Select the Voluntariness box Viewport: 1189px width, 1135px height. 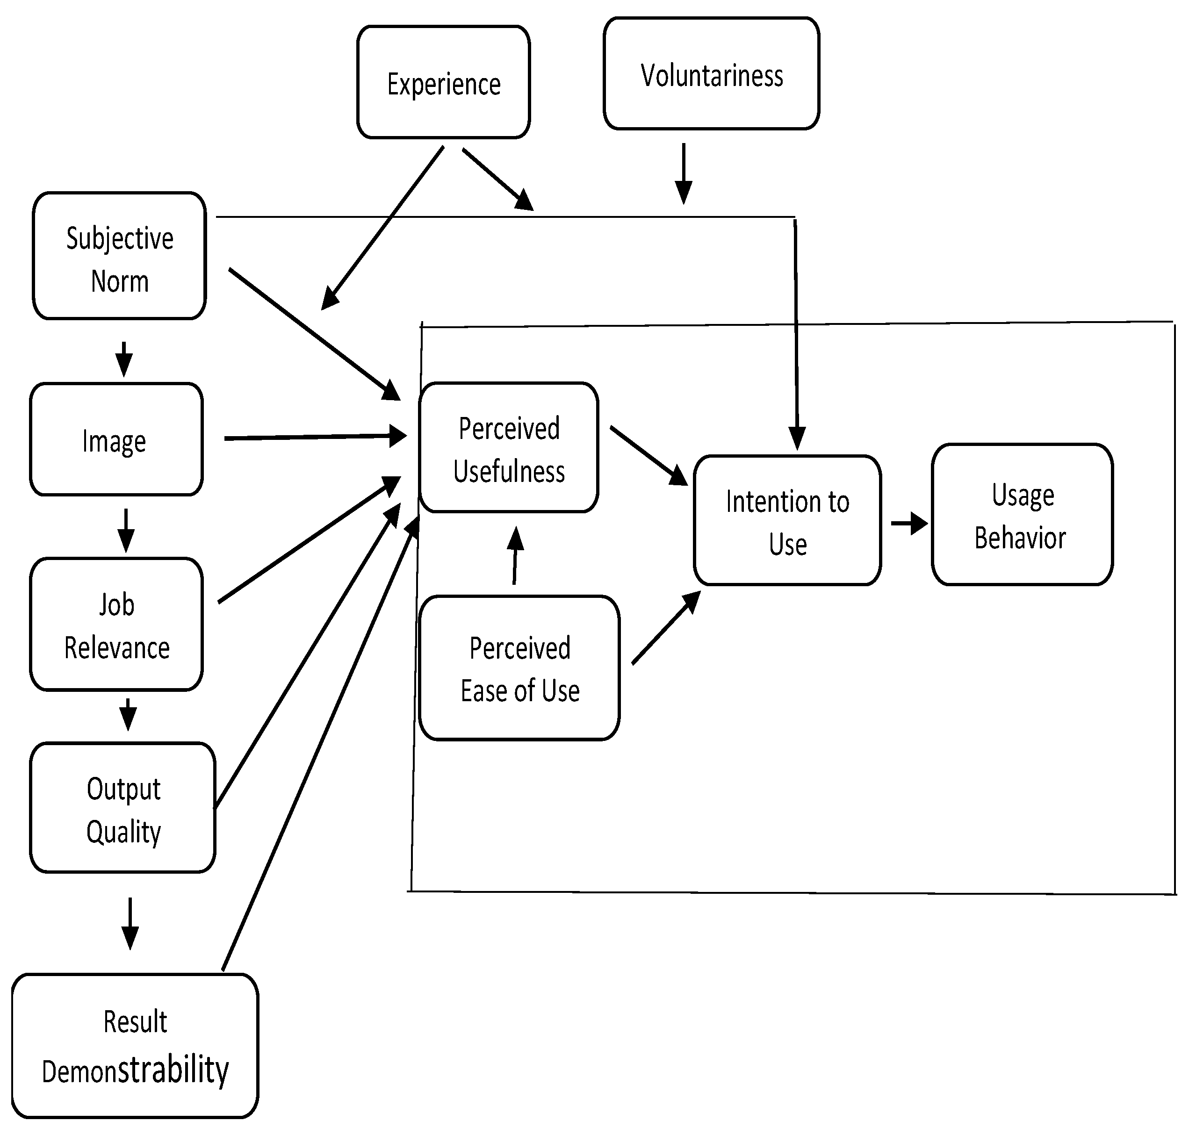pyautogui.click(x=711, y=73)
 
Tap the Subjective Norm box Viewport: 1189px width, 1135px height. pyautogui.click(x=119, y=255)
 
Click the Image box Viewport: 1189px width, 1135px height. pyautogui.click(x=116, y=439)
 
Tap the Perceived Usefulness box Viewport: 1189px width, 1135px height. pyautogui.click(x=508, y=448)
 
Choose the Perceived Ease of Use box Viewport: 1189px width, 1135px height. pyautogui.click(x=519, y=668)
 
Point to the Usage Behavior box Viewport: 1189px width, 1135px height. pyautogui.click(x=1022, y=515)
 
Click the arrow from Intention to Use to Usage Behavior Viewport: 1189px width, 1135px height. pyautogui.click(x=909, y=524)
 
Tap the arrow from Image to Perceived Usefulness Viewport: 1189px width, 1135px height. pyautogui.click(x=315, y=437)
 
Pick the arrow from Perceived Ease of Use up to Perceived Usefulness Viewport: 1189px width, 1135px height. pyautogui.click(x=515, y=555)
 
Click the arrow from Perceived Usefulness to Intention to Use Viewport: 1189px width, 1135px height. pyautogui.click(x=649, y=455)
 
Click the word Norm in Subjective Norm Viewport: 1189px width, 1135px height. pyautogui.click(x=120, y=281)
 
